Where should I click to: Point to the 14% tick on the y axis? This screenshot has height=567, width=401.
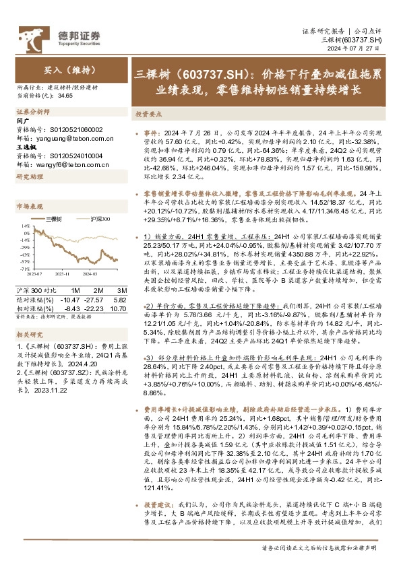click(25, 225)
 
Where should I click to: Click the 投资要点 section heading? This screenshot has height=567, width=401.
click(150, 114)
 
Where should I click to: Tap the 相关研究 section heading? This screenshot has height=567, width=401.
click(31, 335)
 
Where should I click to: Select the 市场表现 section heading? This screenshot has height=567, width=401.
click(31, 206)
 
